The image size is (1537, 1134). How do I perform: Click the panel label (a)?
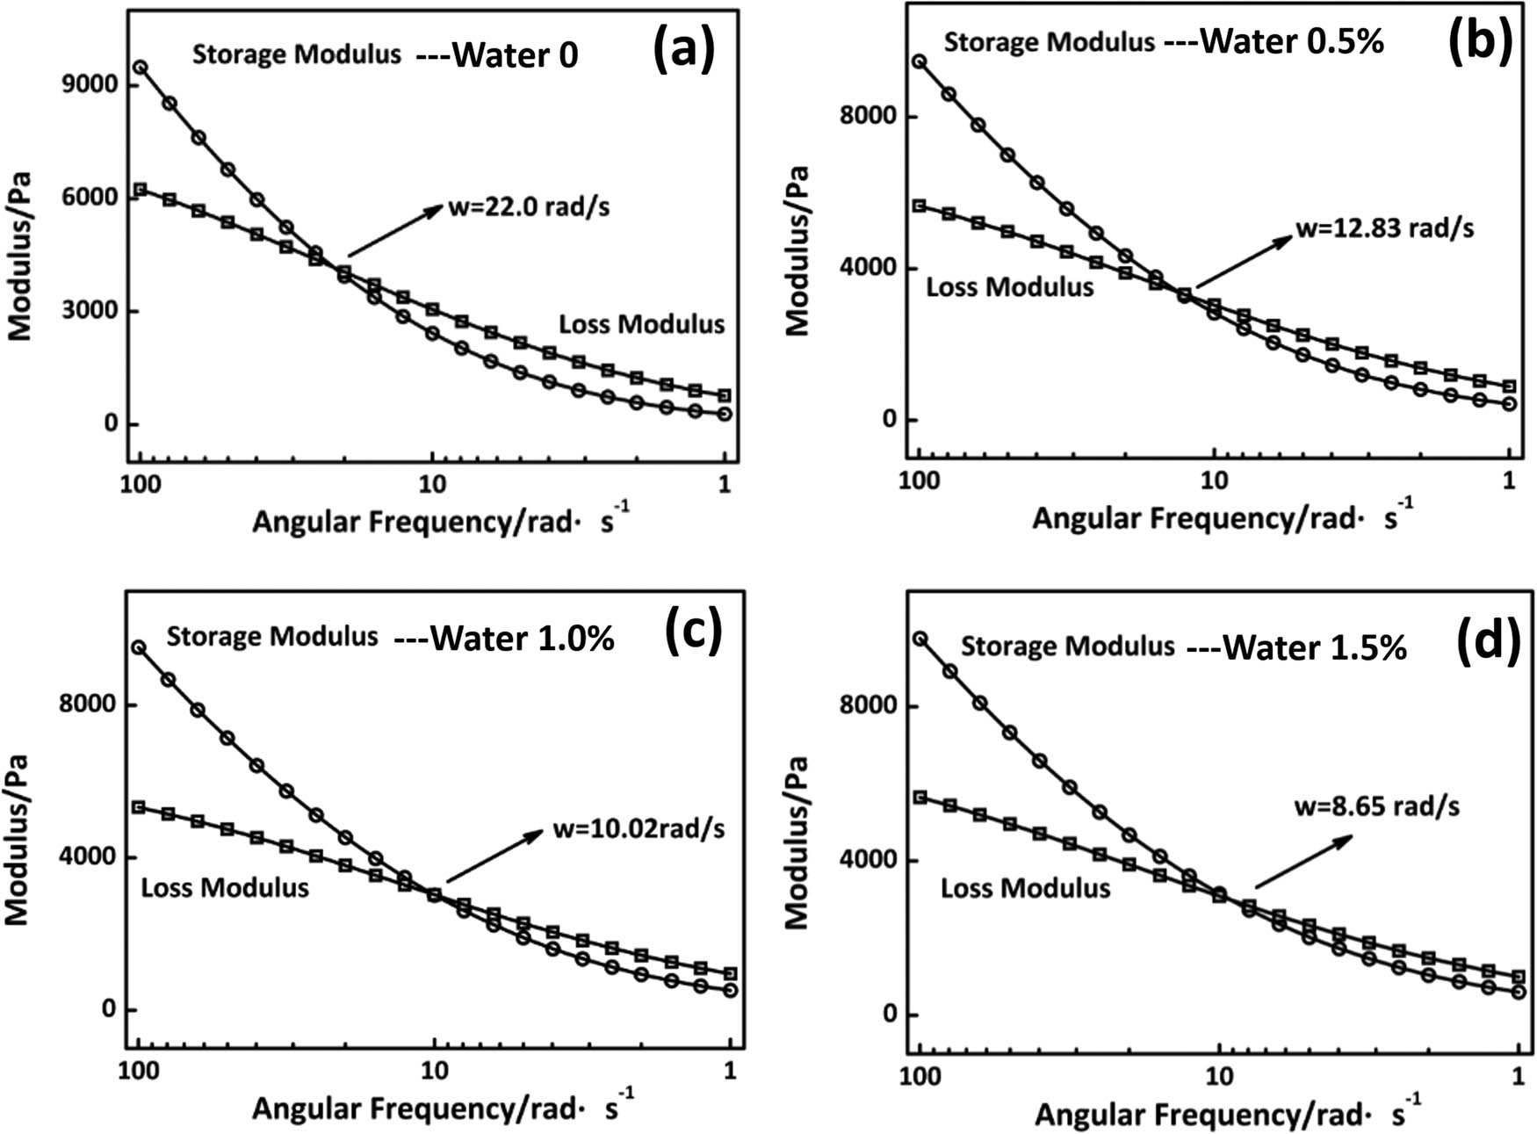click(x=683, y=50)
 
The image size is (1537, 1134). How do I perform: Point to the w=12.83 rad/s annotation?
click(x=1385, y=228)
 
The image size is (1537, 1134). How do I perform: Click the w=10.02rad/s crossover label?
click(x=639, y=828)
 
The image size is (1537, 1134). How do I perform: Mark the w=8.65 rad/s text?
click(x=1377, y=805)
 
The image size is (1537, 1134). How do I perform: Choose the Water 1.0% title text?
click(x=522, y=639)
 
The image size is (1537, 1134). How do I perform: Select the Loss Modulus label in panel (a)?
click(x=642, y=324)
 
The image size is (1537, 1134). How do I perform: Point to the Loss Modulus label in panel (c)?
click(x=225, y=887)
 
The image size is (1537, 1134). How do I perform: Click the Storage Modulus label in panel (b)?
click(x=1049, y=41)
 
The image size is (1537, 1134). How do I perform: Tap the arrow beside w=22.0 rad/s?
click(x=396, y=229)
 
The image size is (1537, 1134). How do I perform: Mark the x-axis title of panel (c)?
click(x=440, y=1109)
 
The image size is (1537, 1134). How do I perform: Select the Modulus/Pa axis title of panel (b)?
click(x=797, y=251)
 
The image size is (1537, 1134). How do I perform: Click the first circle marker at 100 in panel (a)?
click(x=140, y=68)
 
